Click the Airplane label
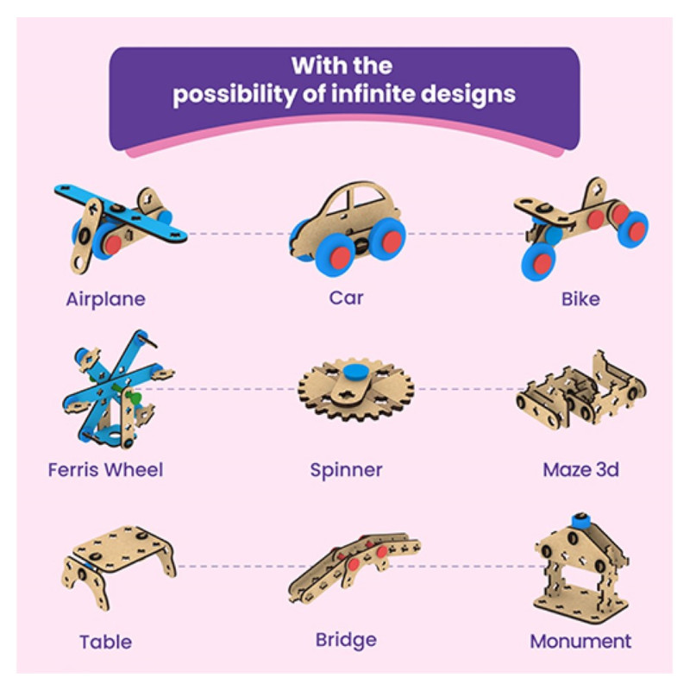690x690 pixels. [105, 299]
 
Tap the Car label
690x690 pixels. [346, 298]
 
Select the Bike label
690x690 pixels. [580, 299]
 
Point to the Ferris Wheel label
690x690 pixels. [105, 470]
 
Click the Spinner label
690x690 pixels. [346, 471]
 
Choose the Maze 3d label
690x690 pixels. [580, 470]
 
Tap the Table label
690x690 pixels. [105, 642]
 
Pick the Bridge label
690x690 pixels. [346, 640]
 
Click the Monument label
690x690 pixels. [580, 642]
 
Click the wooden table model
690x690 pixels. [118, 560]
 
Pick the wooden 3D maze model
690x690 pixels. [580, 392]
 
